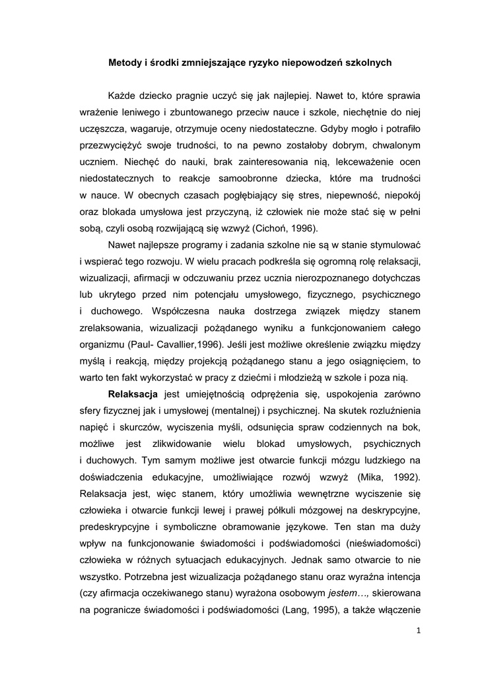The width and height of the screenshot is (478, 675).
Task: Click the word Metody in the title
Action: point(124,63)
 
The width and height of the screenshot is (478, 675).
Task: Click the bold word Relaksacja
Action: point(133,394)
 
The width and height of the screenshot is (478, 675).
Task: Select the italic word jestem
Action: point(347,593)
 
